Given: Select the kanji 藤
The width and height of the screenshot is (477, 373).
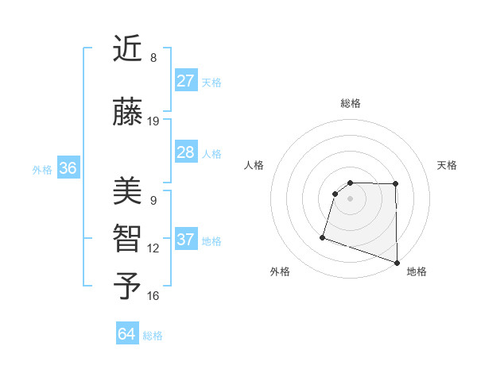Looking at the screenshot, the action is (x=128, y=112).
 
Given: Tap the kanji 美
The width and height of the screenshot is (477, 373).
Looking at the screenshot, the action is (x=128, y=191).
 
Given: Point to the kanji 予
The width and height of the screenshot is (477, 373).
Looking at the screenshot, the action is (x=128, y=286).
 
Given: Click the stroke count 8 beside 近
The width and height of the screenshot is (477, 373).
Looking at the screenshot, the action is (x=153, y=58).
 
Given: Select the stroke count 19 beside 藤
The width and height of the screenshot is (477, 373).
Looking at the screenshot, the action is (x=153, y=121).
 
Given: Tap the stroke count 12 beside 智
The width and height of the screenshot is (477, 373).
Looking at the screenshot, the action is (x=153, y=248).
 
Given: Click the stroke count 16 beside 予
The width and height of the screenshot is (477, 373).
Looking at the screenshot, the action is (x=153, y=296).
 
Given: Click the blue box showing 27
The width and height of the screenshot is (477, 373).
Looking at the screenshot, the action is (x=186, y=81).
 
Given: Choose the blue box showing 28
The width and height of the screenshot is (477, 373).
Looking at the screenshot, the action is (x=186, y=152).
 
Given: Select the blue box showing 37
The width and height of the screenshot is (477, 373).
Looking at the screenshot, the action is (x=186, y=240).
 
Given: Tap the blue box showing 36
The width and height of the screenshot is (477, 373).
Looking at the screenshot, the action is (x=68, y=168).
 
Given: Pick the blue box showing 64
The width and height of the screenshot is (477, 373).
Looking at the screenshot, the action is (x=127, y=334).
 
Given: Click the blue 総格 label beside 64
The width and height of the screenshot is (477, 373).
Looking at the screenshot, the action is (x=153, y=336).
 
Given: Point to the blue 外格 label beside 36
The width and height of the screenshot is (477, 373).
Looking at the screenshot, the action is (x=42, y=170).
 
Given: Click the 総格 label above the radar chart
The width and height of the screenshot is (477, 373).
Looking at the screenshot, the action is (x=350, y=103).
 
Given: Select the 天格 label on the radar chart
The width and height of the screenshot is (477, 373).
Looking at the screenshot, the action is (x=448, y=165).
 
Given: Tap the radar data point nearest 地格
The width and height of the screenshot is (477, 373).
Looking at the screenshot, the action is (x=396, y=262).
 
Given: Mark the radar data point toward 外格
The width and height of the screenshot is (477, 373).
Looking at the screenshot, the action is (x=323, y=236).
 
